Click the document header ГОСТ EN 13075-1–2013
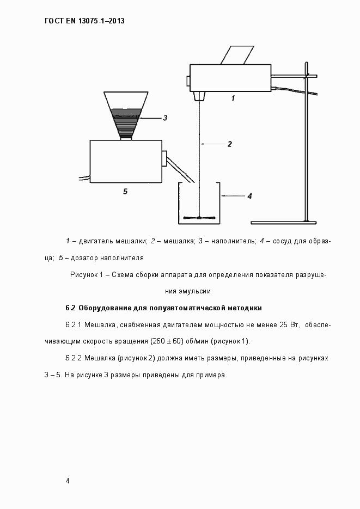pyautogui.click(x=84, y=21)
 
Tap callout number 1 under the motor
pyautogui.click(x=233, y=99)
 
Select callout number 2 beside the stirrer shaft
pyautogui.click(x=229, y=144)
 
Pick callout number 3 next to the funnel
pyautogui.click(x=164, y=117)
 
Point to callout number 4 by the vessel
pyautogui.click(x=249, y=196)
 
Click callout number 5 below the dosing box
pyautogui.click(x=125, y=191)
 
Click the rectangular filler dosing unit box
pyautogui.click(x=126, y=161)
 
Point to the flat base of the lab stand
pyautogui.click(x=283, y=222)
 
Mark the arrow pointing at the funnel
pyautogui.click(x=150, y=118)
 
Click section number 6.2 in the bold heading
pyautogui.click(x=70, y=308)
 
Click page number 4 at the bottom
pyautogui.click(x=67, y=481)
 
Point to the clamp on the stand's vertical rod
pyautogui.click(x=309, y=76)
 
